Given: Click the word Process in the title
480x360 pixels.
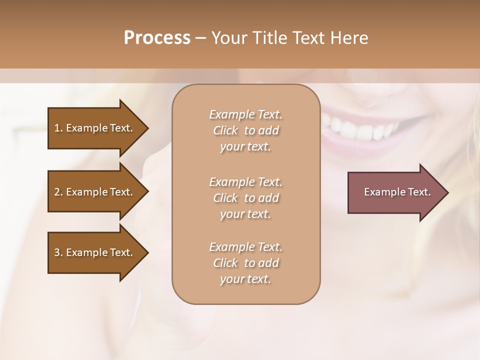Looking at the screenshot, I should (x=157, y=37).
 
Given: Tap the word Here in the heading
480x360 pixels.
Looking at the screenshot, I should (x=348, y=37).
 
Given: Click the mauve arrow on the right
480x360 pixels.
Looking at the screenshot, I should (x=395, y=192).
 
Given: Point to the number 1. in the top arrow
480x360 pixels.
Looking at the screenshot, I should (x=58, y=128).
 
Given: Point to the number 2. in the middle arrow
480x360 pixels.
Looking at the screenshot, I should (x=58, y=192).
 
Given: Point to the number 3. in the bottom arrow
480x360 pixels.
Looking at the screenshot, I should (x=58, y=252).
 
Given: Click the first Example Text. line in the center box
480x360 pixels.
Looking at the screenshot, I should (x=246, y=114).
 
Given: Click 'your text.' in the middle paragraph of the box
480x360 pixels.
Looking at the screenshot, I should (x=245, y=214).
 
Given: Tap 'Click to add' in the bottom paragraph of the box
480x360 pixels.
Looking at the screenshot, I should (x=246, y=263).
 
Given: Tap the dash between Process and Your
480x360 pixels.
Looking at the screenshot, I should (x=200, y=38).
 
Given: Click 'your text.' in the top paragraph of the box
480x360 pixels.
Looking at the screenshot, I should (x=245, y=147).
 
